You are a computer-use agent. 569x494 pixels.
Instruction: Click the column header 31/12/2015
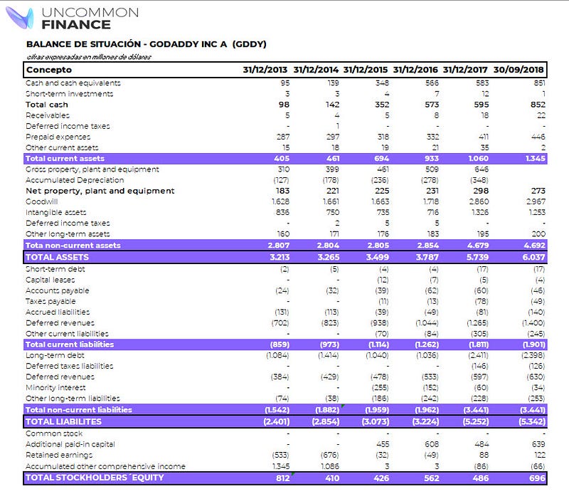[x=365, y=70]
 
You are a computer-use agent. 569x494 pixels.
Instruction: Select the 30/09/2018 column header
[x=519, y=70]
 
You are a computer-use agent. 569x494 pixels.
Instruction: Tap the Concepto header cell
[x=48, y=70]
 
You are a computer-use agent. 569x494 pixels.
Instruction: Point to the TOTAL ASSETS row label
[x=57, y=257]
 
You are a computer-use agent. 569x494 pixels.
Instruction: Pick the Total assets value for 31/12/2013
[x=275, y=257]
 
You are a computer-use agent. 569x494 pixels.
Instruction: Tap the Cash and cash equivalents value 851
[x=538, y=83]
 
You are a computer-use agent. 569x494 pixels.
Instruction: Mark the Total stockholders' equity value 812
[x=281, y=478]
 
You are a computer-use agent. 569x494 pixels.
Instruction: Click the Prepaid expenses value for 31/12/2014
[x=331, y=137]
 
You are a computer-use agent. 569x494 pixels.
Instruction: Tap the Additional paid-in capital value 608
[x=430, y=443]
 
